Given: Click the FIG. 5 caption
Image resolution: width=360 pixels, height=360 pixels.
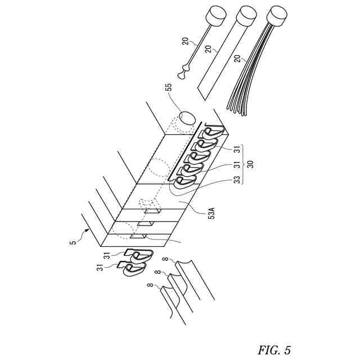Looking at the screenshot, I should coord(274,350).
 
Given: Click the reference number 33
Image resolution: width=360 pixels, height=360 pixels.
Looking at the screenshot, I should coord(237,181).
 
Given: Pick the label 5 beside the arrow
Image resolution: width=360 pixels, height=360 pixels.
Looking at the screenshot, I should coord(73,242).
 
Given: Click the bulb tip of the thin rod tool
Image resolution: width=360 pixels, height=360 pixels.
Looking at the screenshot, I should coord(182,73).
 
